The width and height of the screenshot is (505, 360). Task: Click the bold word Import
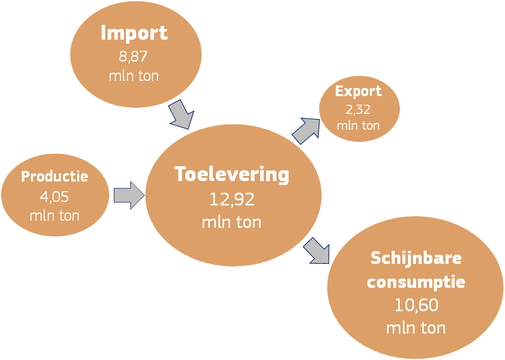[134, 33]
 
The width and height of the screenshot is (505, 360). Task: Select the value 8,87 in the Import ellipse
[133, 56]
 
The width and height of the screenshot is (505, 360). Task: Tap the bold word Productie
[54, 176]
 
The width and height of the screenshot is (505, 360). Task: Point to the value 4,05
[54, 196]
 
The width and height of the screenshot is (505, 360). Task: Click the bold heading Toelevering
[232, 175]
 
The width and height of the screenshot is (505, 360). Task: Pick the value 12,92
[232, 199]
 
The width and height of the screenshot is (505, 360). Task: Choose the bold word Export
[359, 91]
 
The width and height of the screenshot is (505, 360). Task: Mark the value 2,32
[358, 110]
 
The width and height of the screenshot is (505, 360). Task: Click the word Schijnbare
[416, 258]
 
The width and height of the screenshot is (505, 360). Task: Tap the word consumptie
[416, 282]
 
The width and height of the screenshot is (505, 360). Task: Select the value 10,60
[417, 305]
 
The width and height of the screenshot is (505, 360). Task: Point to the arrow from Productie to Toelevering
[129, 195]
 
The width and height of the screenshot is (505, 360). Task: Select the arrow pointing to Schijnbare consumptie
[317, 251]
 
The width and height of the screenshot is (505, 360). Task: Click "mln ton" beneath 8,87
[134, 76]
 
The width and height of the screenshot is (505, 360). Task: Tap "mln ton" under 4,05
[54, 216]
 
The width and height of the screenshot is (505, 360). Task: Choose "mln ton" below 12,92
[232, 222]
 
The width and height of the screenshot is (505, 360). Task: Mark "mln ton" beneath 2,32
[358, 125]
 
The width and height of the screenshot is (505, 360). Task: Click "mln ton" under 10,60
[416, 328]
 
